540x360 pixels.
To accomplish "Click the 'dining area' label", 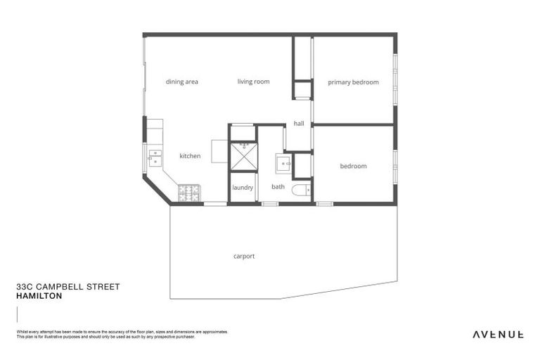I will (x=181, y=82).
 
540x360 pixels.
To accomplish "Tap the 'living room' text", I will (x=253, y=82).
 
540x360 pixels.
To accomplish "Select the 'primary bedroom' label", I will (x=353, y=82).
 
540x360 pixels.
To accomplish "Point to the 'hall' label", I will (x=299, y=124).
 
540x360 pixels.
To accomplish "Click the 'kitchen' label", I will (x=190, y=156).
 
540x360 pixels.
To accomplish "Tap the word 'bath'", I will (x=278, y=187).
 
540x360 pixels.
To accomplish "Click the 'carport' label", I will (x=244, y=257).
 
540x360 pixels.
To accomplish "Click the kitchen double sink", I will (x=155, y=156).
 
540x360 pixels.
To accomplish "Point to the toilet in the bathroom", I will (x=301, y=189).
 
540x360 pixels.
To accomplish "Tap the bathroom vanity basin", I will (x=284, y=165).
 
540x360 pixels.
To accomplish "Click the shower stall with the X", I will (x=244, y=155).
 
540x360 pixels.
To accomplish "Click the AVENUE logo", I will (x=497, y=334).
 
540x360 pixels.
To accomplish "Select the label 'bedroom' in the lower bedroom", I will (x=353, y=167).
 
